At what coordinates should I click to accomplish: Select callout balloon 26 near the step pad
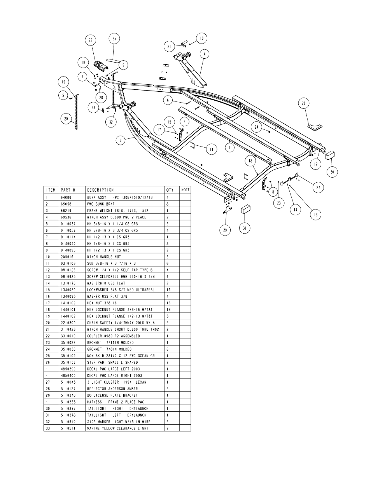[304, 103]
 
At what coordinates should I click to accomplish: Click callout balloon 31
[245, 228]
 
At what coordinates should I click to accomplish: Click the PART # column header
[68, 190]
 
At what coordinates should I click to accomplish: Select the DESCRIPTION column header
[100, 190]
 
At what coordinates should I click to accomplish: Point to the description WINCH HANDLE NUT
[104, 257]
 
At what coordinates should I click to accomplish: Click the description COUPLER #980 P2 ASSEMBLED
[113, 336]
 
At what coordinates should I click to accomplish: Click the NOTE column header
[185, 190]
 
